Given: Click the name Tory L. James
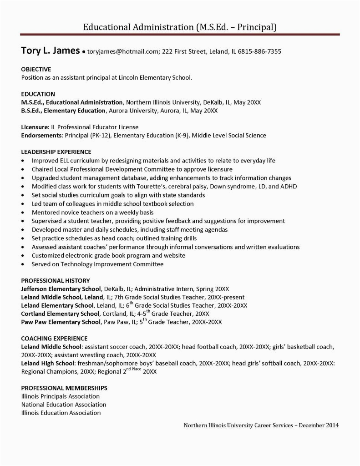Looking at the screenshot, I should [x=51, y=51].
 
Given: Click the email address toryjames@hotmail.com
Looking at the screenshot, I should [x=122, y=51].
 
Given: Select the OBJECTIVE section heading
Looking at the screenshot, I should [x=36, y=69].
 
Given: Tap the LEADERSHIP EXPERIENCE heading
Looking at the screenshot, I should [x=56, y=152].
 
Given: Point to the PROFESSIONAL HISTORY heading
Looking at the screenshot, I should [x=56, y=280].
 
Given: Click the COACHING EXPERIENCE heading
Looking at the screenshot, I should [x=54, y=339].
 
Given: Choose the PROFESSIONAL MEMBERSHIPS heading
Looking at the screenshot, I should [x=64, y=388].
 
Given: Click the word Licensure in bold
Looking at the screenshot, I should [x=35, y=127].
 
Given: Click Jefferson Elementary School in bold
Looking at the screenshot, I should [x=61, y=289].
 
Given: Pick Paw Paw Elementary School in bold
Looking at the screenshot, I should [x=61, y=322].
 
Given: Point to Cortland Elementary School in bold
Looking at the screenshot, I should [x=60, y=314].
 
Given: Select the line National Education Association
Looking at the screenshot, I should [x=64, y=404].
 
